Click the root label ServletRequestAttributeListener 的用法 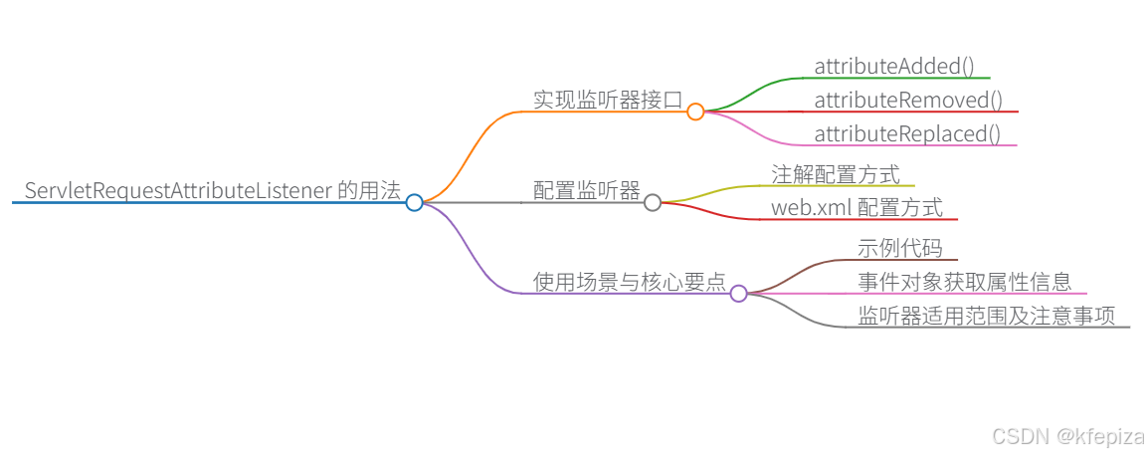pos(212,191)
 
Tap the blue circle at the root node pos(415,202)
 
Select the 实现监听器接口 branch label pos(607,100)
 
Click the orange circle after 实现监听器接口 pos(695,112)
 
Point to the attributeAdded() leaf pos(893,67)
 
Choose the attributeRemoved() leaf pos(907,101)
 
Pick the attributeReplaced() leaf pos(906,133)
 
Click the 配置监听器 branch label pos(586,191)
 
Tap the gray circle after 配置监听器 pos(653,202)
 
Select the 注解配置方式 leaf pos(836,175)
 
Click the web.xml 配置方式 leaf pos(856,208)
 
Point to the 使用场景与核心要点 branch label pos(629,282)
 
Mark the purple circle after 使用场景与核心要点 pos(738,293)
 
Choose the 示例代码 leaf pos(899,249)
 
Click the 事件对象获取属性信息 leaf pos(964,282)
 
